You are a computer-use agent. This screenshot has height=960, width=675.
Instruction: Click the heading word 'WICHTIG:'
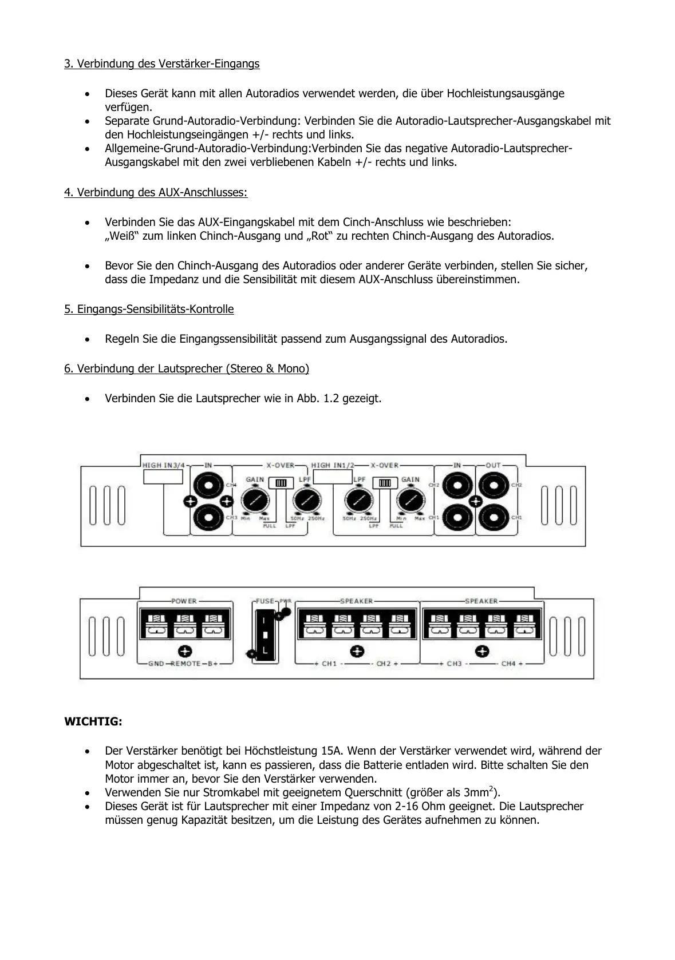(93, 721)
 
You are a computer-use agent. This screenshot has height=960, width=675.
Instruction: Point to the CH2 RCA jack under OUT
(491, 486)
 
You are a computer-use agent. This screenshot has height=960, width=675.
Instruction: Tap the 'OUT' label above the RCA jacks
(493, 465)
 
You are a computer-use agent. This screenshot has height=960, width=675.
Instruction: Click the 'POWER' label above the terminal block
(184, 601)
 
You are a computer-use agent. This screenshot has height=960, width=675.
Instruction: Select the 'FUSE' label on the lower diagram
(265, 601)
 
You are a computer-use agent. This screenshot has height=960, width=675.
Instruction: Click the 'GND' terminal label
(156, 664)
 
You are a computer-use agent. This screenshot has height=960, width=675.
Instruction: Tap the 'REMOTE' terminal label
(185, 664)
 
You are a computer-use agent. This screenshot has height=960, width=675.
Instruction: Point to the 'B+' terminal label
(212, 664)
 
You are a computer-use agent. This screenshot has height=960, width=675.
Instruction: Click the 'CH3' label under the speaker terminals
(454, 664)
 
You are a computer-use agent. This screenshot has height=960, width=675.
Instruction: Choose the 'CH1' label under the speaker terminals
(329, 664)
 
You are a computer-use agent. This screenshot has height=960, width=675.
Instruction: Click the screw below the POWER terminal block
(185, 651)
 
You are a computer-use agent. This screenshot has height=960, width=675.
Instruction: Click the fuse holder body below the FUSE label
(265, 635)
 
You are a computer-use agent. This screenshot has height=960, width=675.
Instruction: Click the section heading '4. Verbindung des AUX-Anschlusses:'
(156, 192)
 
